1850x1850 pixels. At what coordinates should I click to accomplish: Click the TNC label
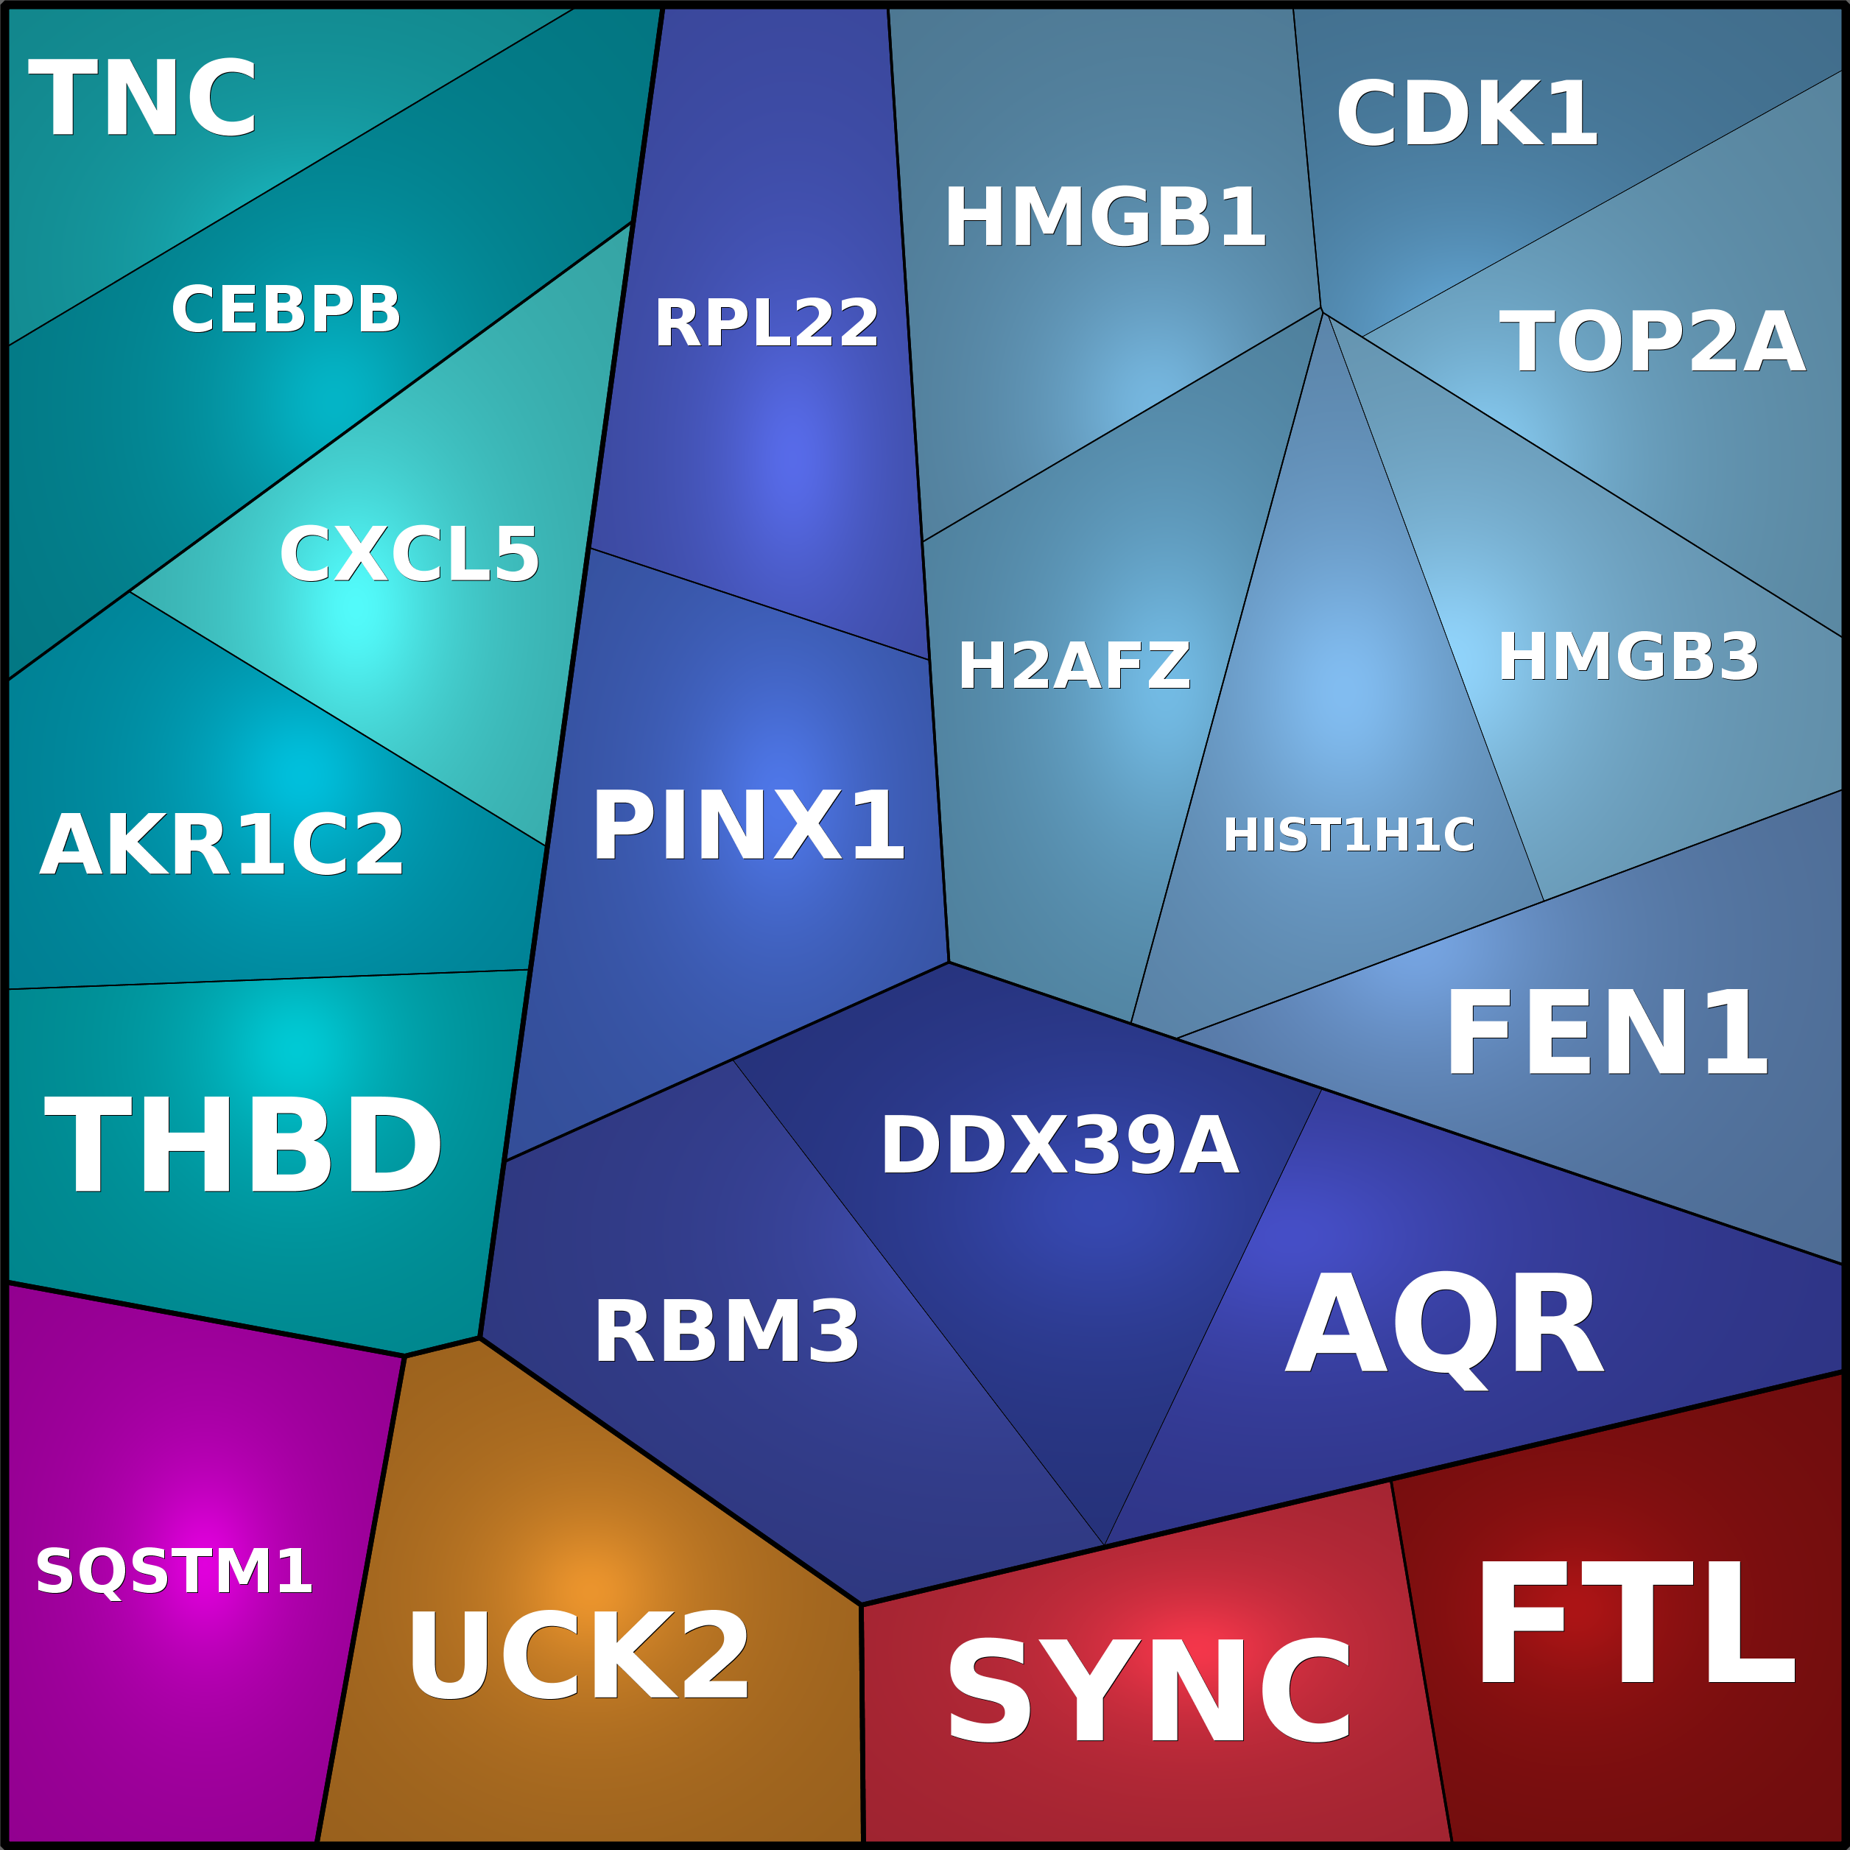pos(144,99)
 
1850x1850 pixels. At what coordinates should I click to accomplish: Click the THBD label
pos(243,1145)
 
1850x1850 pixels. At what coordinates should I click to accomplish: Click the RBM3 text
pos(727,1333)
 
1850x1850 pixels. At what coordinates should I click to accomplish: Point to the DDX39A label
pos(1060,1145)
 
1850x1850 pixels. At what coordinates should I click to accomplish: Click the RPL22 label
pos(766,323)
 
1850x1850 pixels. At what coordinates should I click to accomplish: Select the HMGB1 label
pos(1105,217)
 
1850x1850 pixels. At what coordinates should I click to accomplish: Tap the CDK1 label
pos(1467,114)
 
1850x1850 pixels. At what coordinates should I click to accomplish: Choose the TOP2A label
pos(1652,342)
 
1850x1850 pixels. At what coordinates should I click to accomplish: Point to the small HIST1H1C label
pos(1348,835)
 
